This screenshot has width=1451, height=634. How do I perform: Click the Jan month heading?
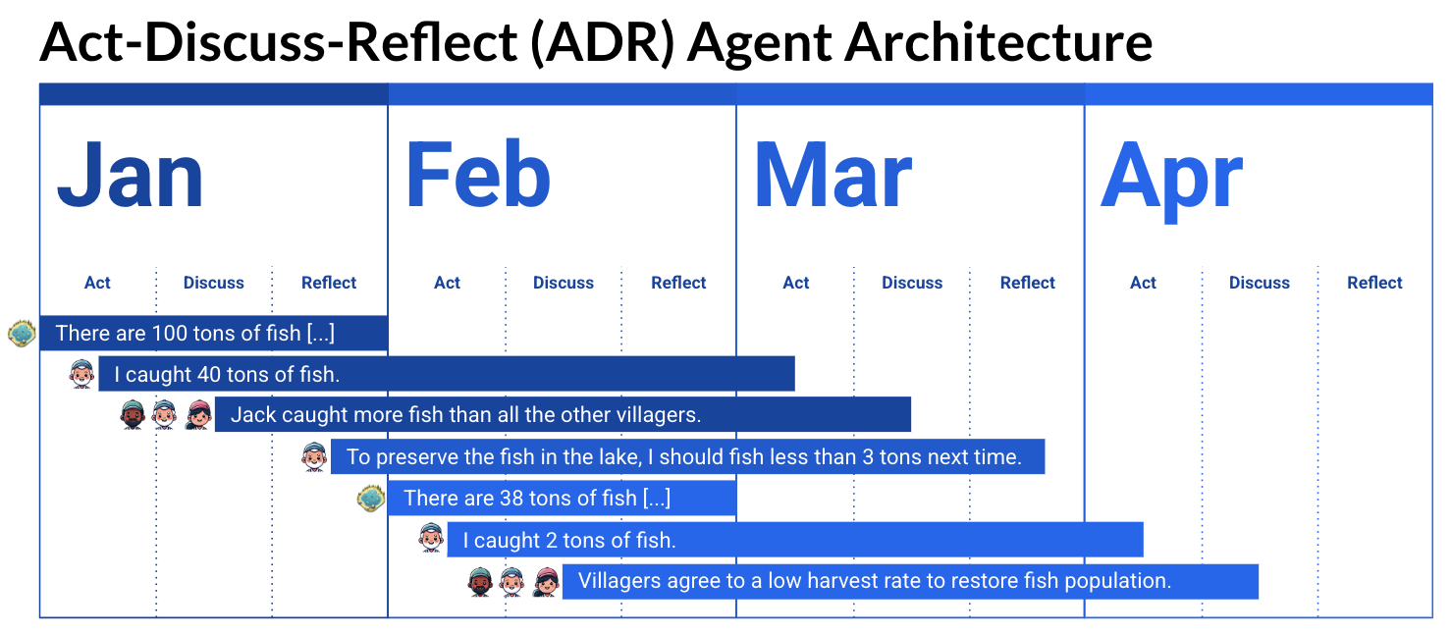coord(131,175)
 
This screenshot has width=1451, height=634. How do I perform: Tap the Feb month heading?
coord(478,174)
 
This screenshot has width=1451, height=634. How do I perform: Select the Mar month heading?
coord(833,175)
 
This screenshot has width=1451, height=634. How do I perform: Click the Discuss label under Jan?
coord(214,283)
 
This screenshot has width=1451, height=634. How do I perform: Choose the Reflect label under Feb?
coord(678,283)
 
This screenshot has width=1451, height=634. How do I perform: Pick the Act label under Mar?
coord(795,283)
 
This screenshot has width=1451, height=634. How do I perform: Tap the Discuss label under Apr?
coord(1260,283)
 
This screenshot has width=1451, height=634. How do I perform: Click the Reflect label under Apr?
coord(1374,283)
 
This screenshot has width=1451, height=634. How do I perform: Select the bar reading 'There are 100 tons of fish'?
coord(214,333)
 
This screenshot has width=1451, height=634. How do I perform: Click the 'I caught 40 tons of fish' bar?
coord(447,374)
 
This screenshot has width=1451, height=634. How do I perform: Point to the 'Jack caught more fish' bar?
coord(563,414)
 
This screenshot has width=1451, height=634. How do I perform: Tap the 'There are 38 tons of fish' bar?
coord(562,498)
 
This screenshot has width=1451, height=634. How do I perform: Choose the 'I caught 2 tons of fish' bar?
coord(795,540)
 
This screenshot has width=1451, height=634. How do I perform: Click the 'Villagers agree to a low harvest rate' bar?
coord(910,581)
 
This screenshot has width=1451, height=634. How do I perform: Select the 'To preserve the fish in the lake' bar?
coord(688,456)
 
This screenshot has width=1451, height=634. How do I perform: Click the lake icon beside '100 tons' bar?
coord(22,334)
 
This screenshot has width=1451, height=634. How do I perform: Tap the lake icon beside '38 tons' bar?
coord(371,499)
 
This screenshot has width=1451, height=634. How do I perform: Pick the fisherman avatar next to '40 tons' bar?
coord(81,374)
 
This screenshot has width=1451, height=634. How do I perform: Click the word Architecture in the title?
coord(999,42)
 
